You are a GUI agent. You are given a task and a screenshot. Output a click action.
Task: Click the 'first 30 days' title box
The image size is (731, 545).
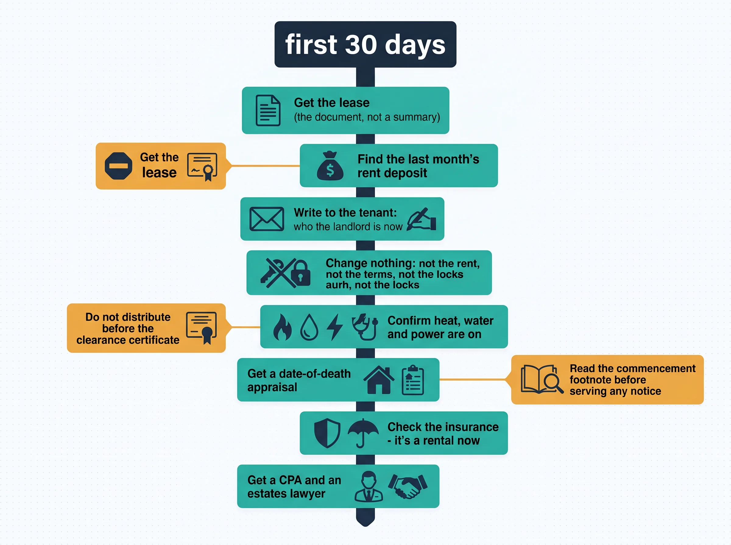pos(365,44)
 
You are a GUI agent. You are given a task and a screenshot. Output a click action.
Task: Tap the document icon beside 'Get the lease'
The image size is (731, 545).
pos(268,110)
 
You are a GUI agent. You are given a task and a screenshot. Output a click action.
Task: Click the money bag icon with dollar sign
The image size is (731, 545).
pos(330,166)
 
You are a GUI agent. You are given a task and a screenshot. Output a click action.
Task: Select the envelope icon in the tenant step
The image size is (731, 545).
pos(267,219)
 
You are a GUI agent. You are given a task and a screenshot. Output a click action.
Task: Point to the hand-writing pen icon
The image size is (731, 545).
pos(422,219)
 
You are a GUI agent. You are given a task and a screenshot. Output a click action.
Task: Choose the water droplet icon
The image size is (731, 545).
pos(309,327)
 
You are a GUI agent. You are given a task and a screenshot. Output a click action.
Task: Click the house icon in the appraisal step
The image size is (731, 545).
pos(379,380)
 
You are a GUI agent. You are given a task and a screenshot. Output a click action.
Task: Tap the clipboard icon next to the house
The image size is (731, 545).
pos(413,380)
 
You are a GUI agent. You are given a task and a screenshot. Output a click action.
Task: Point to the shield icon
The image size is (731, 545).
pos(327,433)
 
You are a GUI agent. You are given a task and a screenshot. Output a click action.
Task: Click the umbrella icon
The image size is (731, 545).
pos(363,433)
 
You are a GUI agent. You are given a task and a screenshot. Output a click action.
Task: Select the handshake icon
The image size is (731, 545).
pos(408,486)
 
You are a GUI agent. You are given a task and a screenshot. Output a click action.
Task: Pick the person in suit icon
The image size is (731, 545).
pos(369,486)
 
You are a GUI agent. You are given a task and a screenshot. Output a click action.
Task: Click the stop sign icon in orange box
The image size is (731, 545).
pos(118,166)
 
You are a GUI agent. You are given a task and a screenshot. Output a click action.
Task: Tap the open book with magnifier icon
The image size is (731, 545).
pos(542,379)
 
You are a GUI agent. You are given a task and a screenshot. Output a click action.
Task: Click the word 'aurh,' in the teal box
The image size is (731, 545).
pos(339,285)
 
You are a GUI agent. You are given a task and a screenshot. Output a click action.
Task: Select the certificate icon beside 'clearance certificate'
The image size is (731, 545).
pos(202,328)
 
